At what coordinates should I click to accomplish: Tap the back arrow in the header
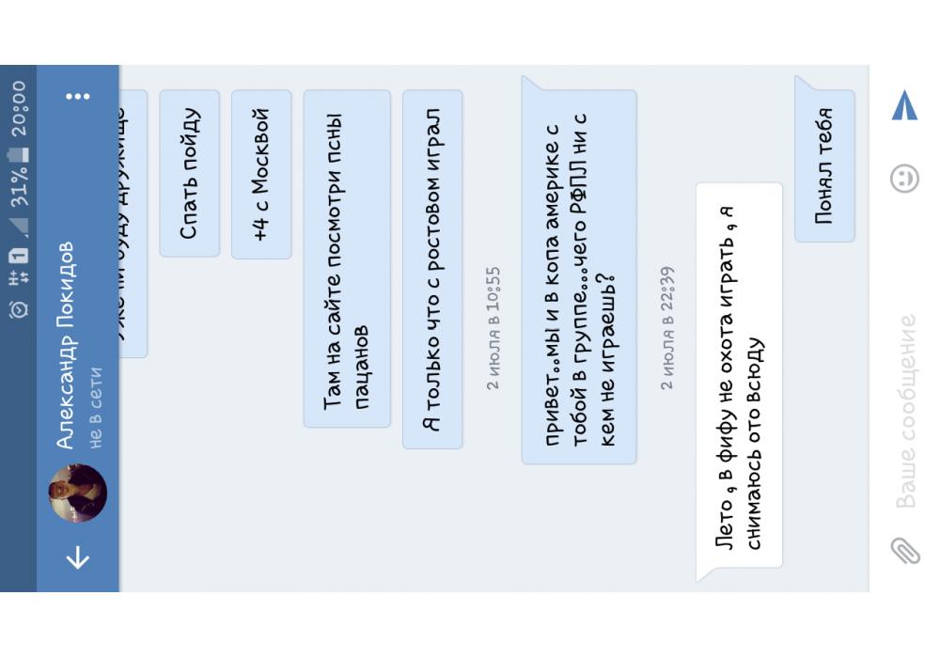pos(78,557)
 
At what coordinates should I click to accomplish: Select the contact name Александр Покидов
pos(65,346)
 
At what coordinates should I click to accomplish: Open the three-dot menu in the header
pos(78,96)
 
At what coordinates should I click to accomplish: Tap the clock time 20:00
pos(19,109)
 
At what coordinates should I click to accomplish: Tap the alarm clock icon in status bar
pos(19,307)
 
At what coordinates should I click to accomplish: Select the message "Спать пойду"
pos(189,173)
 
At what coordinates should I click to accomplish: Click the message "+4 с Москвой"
pos(260,174)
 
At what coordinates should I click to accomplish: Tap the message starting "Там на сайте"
pos(346,258)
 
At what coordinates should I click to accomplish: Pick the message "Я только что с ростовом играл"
pos(431,269)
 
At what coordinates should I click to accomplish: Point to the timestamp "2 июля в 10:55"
pos(493,328)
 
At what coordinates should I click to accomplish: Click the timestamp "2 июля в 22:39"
pos(666,328)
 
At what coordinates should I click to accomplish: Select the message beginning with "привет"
pos(579,276)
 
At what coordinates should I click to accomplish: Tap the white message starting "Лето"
pos(739,375)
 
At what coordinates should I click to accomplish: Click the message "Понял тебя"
pos(824,165)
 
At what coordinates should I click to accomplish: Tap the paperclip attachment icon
pos(904,550)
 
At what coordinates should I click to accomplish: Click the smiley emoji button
pos(904,178)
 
